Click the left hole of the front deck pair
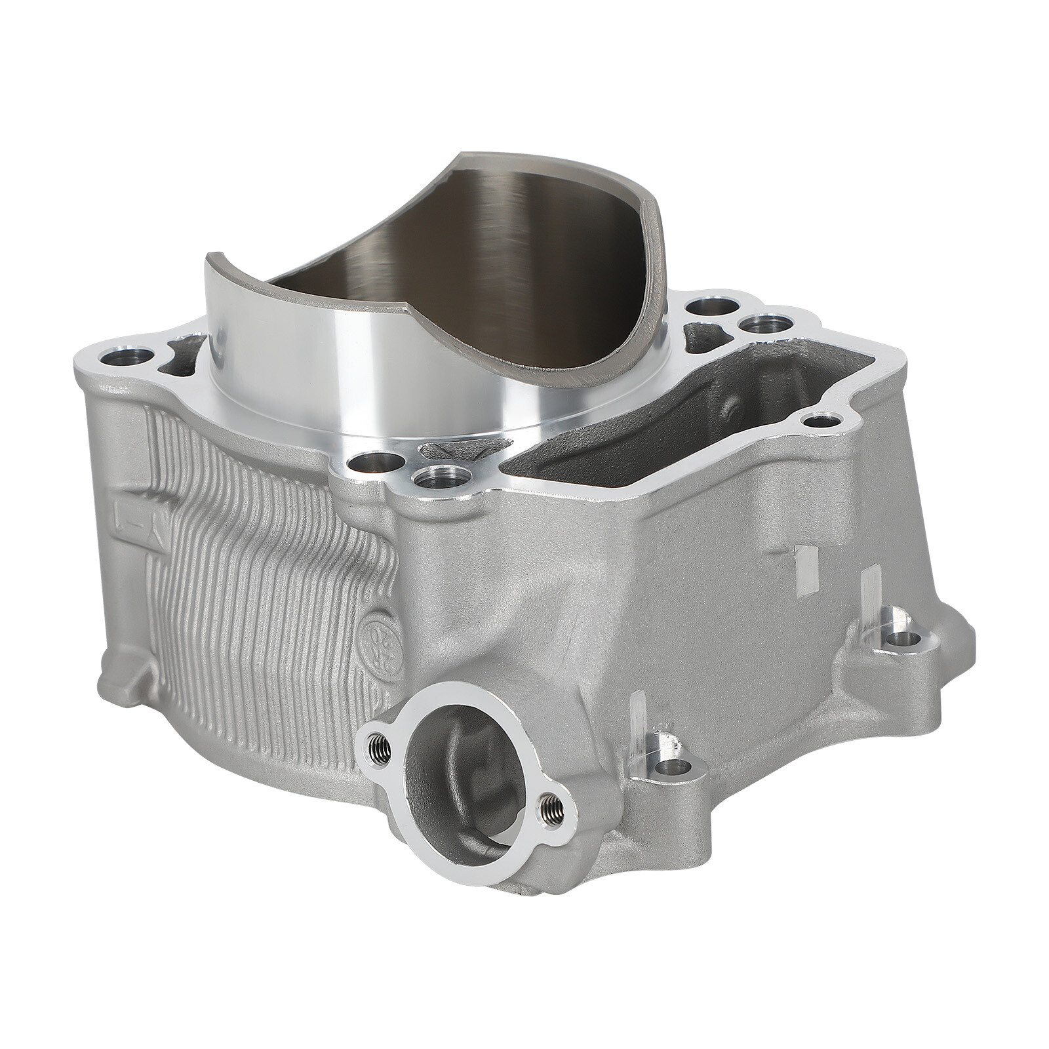click(x=363, y=465)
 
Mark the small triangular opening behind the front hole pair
click(x=452, y=452)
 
